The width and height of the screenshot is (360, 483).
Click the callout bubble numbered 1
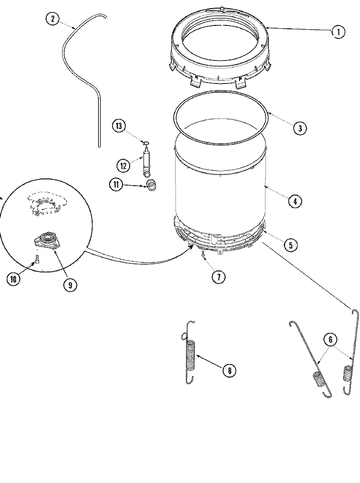338,32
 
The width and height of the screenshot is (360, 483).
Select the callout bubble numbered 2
52,19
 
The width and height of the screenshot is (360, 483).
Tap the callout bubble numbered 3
299,128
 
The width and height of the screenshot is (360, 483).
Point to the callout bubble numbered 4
295,201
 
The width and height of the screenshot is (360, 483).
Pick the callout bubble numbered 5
290,245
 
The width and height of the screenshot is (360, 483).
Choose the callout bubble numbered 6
330,340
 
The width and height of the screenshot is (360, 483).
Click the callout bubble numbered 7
218,276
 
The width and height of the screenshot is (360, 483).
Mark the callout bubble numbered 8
229,370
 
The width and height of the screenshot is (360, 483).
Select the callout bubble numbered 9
70,284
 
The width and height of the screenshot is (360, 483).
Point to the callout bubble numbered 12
123,165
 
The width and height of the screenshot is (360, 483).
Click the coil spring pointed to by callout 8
191,355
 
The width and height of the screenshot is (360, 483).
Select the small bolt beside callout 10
36,259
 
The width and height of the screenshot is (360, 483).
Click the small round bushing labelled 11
152,185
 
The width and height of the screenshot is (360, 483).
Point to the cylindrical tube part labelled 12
146,163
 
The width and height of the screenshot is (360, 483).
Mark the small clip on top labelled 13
146,142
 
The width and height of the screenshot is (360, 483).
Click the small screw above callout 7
204,254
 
